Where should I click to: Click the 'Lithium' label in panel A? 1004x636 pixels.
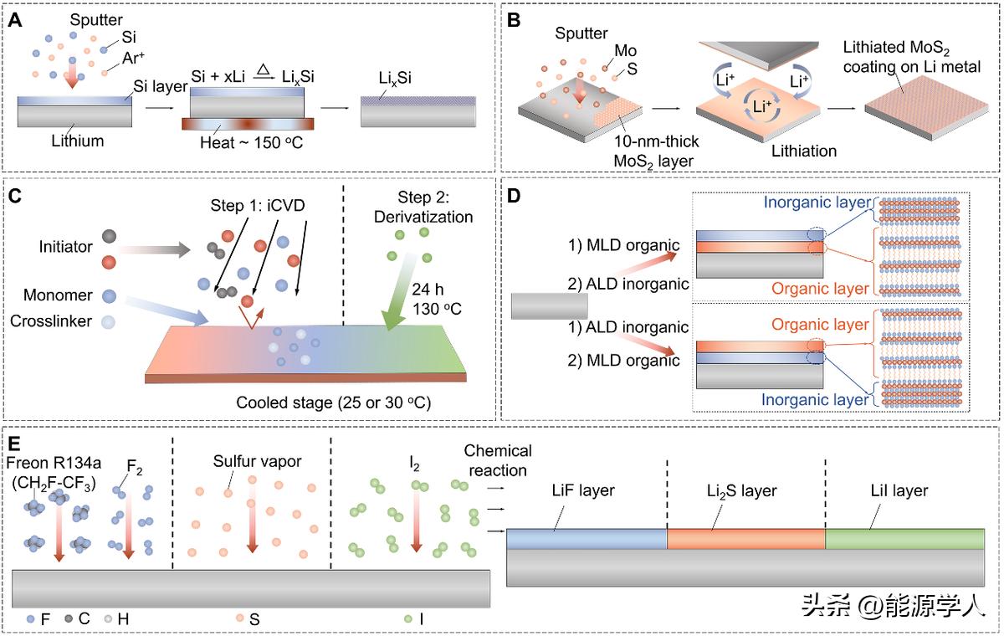click(76, 141)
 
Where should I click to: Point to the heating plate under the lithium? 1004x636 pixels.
click(248, 124)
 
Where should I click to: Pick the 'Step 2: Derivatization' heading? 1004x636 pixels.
click(425, 208)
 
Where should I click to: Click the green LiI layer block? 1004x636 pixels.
click(904, 539)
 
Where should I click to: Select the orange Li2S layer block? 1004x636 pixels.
click(745, 539)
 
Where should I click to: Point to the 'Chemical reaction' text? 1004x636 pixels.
click(498, 460)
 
